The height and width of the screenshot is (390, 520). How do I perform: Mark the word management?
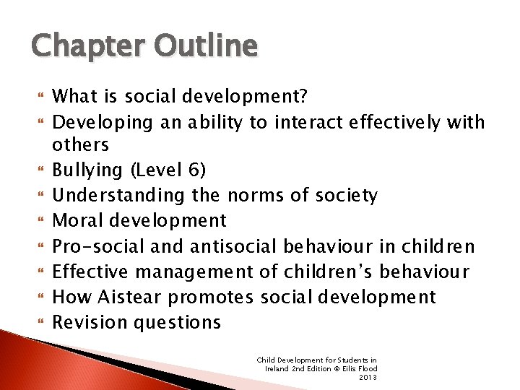[194, 271]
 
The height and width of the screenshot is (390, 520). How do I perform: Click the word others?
[80, 144]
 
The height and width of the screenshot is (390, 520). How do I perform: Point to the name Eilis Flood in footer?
[358, 368]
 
